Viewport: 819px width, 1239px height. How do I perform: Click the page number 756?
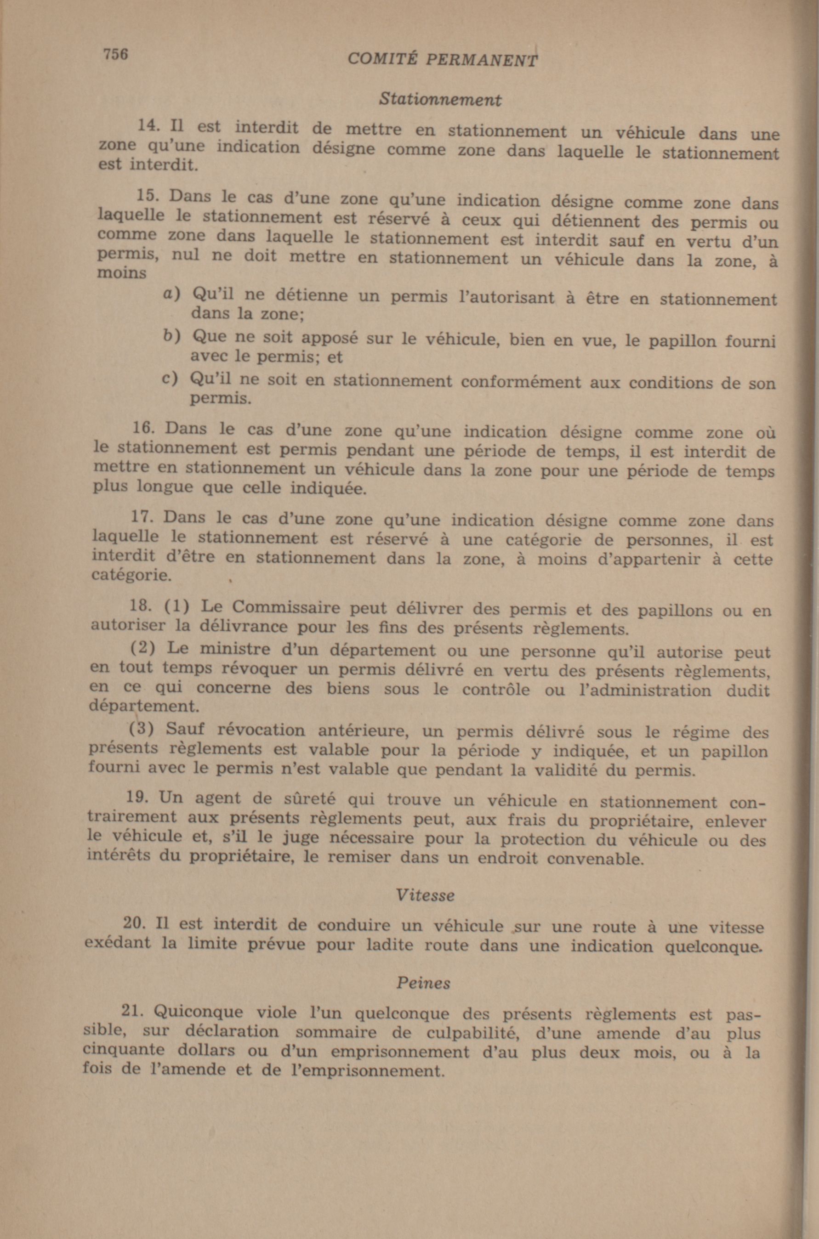(x=115, y=54)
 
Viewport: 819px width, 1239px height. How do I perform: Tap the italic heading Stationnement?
(x=440, y=99)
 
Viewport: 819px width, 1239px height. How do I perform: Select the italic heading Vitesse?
(x=425, y=895)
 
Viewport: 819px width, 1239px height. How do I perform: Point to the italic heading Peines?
(x=423, y=983)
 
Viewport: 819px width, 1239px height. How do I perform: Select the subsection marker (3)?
(x=141, y=728)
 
